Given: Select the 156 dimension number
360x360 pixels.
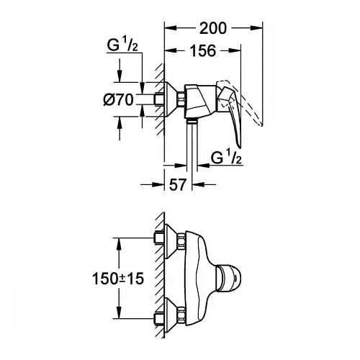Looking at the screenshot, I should [203, 51].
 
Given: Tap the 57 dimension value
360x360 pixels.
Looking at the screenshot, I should [177, 184].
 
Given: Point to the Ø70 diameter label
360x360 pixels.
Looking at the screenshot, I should [119, 102].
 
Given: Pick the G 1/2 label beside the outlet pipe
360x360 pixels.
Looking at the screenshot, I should [228, 157].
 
